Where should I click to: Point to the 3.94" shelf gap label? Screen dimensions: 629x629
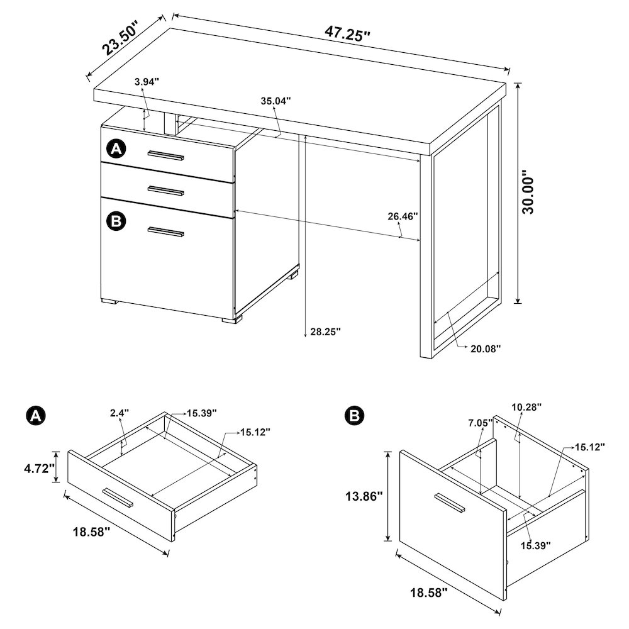[147, 81]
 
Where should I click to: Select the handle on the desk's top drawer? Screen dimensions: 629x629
[166, 155]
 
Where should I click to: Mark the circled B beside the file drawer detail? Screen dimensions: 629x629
[354, 416]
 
